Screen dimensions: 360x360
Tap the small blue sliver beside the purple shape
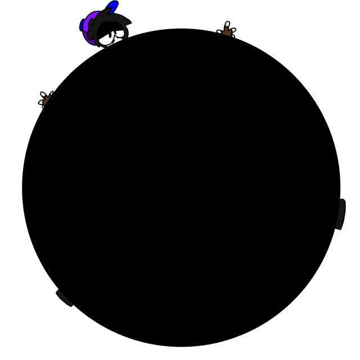click(x=82, y=25)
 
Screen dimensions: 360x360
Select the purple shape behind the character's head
click(x=88, y=28)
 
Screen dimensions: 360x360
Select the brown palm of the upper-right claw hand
click(x=227, y=31)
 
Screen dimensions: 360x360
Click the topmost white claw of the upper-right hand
click(x=228, y=24)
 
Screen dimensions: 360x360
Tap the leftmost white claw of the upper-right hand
click(x=220, y=32)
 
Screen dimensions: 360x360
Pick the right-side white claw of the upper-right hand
click(x=233, y=29)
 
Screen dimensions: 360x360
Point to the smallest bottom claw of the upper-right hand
click(x=232, y=36)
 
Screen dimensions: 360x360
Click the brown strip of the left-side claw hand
click(x=47, y=100)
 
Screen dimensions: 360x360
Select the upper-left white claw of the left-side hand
click(x=43, y=94)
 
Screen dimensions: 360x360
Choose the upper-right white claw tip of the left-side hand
click(x=51, y=93)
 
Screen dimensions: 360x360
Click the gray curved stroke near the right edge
click(x=340, y=214)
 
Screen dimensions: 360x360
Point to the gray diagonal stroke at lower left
click(x=64, y=298)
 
